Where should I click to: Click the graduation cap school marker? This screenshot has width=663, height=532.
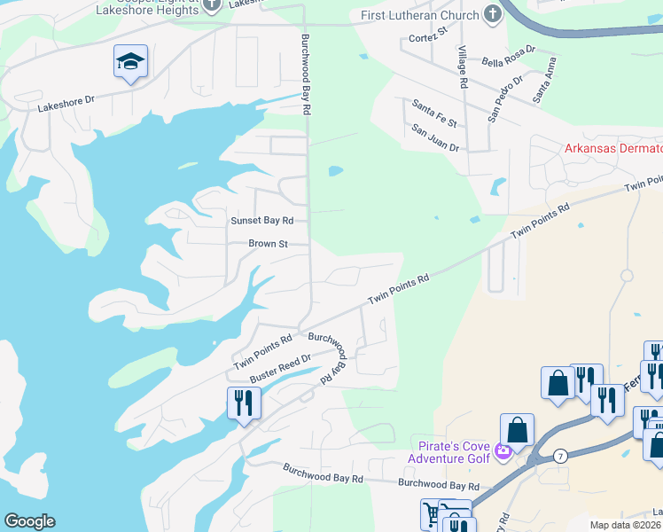[130, 62]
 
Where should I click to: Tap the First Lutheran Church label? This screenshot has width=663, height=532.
[421, 15]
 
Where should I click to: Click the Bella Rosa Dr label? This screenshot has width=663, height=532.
[509, 56]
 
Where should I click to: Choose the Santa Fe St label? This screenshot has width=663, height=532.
[434, 113]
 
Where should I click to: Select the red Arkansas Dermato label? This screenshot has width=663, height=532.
[613, 148]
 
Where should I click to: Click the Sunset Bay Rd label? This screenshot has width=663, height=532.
[261, 220]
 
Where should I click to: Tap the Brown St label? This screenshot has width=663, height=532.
[268, 243]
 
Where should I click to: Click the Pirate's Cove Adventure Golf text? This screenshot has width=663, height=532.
[448, 451]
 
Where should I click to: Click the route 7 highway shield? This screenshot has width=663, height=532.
[560, 456]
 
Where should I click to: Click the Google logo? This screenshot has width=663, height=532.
[29, 521]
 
